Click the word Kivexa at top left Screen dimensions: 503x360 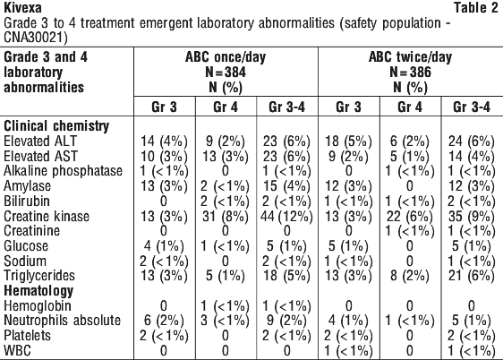pyautogui.click(x=22, y=8)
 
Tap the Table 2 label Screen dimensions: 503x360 pyautogui.click(x=476, y=8)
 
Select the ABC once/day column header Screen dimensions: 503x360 pyautogui.click(x=226, y=57)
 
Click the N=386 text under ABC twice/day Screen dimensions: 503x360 pyautogui.click(x=410, y=72)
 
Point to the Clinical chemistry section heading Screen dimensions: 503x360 pyautogui.click(x=56, y=126)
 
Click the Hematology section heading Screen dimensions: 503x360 pyautogui.click(x=38, y=291)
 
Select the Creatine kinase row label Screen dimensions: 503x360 pyautogui.click(x=47, y=216)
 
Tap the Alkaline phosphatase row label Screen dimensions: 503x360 pyautogui.click(x=64, y=171)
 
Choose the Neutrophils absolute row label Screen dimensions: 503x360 pyautogui.click(x=63, y=321)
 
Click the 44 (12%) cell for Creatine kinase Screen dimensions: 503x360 pyautogui.click(x=286, y=217)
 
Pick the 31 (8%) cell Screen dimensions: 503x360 pyautogui.click(x=226, y=217)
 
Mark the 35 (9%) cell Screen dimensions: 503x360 pyautogui.click(x=472, y=217)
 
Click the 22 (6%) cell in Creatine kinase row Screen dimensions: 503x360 pyautogui.click(x=410, y=217)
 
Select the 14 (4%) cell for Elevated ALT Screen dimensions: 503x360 pyautogui.click(x=164, y=141)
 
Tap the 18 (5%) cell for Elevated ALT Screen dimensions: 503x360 pyautogui.click(x=348, y=141)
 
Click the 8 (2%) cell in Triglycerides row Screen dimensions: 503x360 pyautogui.click(x=410, y=276)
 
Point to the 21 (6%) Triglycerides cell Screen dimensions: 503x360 pyautogui.click(x=472, y=276)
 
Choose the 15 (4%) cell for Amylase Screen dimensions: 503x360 pyautogui.click(x=286, y=186)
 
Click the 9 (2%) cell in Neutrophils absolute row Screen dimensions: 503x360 pyautogui.click(x=286, y=321)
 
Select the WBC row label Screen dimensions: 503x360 pyautogui.click(x=17, y=350)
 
